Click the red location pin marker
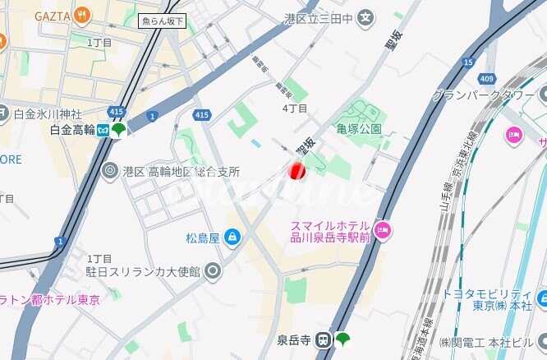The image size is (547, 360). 296,171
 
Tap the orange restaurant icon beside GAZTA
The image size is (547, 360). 81,15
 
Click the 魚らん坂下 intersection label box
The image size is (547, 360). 163,21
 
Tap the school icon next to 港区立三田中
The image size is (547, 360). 365,16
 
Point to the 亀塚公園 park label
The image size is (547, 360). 359,129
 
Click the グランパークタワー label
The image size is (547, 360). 485,95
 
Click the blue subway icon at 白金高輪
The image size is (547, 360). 103,130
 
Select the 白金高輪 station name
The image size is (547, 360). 72,130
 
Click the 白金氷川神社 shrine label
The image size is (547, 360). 48,113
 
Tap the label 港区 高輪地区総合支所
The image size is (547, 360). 182,172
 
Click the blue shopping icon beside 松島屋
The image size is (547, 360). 232,238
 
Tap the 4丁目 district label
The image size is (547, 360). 295,108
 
